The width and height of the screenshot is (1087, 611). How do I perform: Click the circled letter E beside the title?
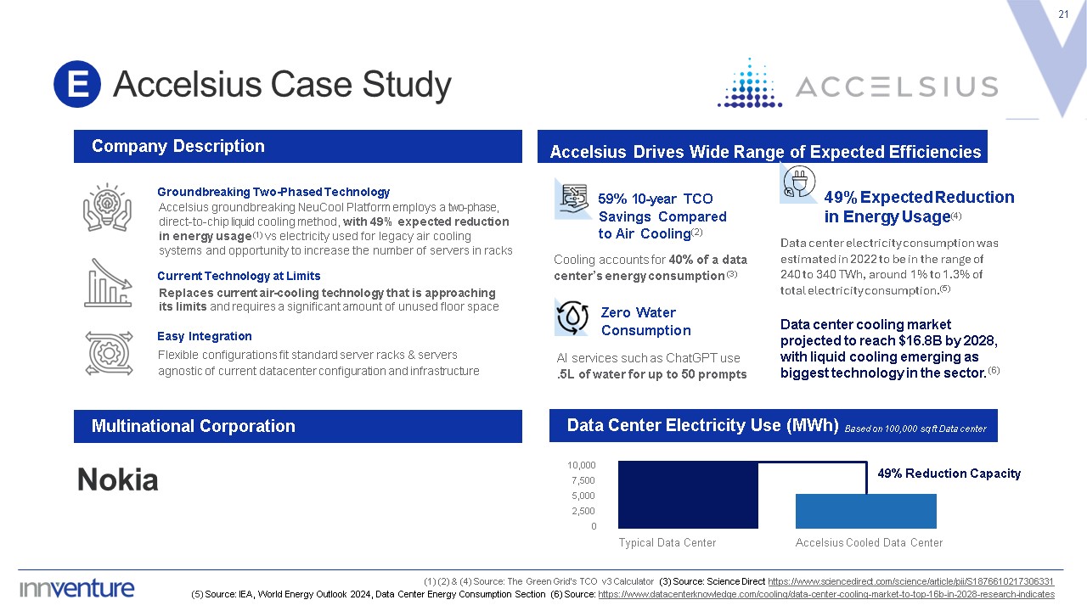77,84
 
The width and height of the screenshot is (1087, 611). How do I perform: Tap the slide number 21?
1063,14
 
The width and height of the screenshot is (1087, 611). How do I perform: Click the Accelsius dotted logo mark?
750,83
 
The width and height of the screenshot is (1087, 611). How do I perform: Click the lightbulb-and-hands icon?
107,208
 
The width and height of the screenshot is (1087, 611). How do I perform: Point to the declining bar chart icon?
108,283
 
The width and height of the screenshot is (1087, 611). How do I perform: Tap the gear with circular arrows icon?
109,354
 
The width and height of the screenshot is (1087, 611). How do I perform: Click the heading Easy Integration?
205,336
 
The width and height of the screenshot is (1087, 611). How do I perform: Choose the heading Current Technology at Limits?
239,276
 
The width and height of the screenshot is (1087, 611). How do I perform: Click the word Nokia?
118,479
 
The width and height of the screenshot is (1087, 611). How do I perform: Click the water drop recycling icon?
572,317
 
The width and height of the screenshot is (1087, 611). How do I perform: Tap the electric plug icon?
799,182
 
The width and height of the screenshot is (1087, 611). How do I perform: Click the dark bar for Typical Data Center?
688,495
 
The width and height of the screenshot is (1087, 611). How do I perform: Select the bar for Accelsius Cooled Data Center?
865,511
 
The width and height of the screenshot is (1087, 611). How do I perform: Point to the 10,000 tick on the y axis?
582,465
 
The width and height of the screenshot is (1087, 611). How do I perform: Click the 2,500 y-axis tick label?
583,511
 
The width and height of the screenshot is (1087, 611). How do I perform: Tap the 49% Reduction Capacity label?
949,474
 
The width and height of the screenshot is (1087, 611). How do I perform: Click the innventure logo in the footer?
76,588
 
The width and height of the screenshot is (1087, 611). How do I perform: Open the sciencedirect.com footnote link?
911,581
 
